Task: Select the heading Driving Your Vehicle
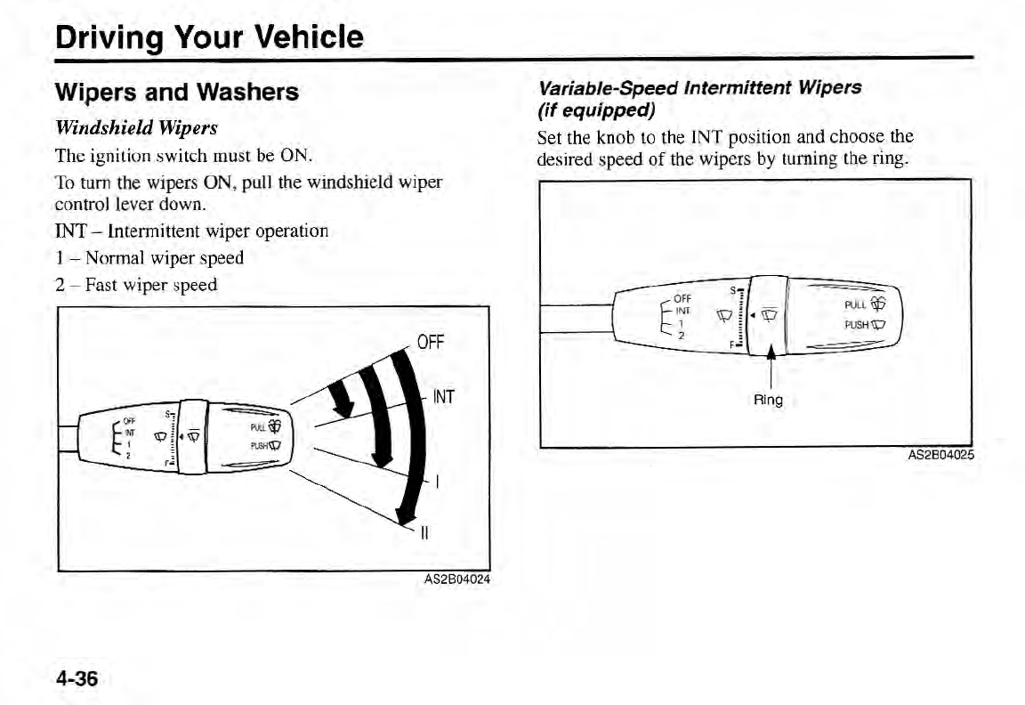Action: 209,37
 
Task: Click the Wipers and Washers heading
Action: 177,92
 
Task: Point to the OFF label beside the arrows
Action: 435,343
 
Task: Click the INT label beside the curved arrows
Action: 443,397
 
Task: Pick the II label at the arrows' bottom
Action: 424,534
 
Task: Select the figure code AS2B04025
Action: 940,456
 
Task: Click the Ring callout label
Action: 768,400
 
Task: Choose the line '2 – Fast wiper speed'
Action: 136,285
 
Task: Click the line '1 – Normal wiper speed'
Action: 149,258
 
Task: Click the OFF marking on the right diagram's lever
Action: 683,298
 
